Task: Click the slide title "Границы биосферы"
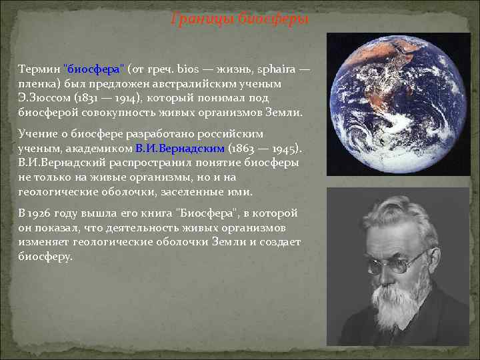[240, 19]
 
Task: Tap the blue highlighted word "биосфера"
[93, 69]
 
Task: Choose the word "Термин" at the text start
[38, 69]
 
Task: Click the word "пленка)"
[39, 84]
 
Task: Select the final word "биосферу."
[45, 256]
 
